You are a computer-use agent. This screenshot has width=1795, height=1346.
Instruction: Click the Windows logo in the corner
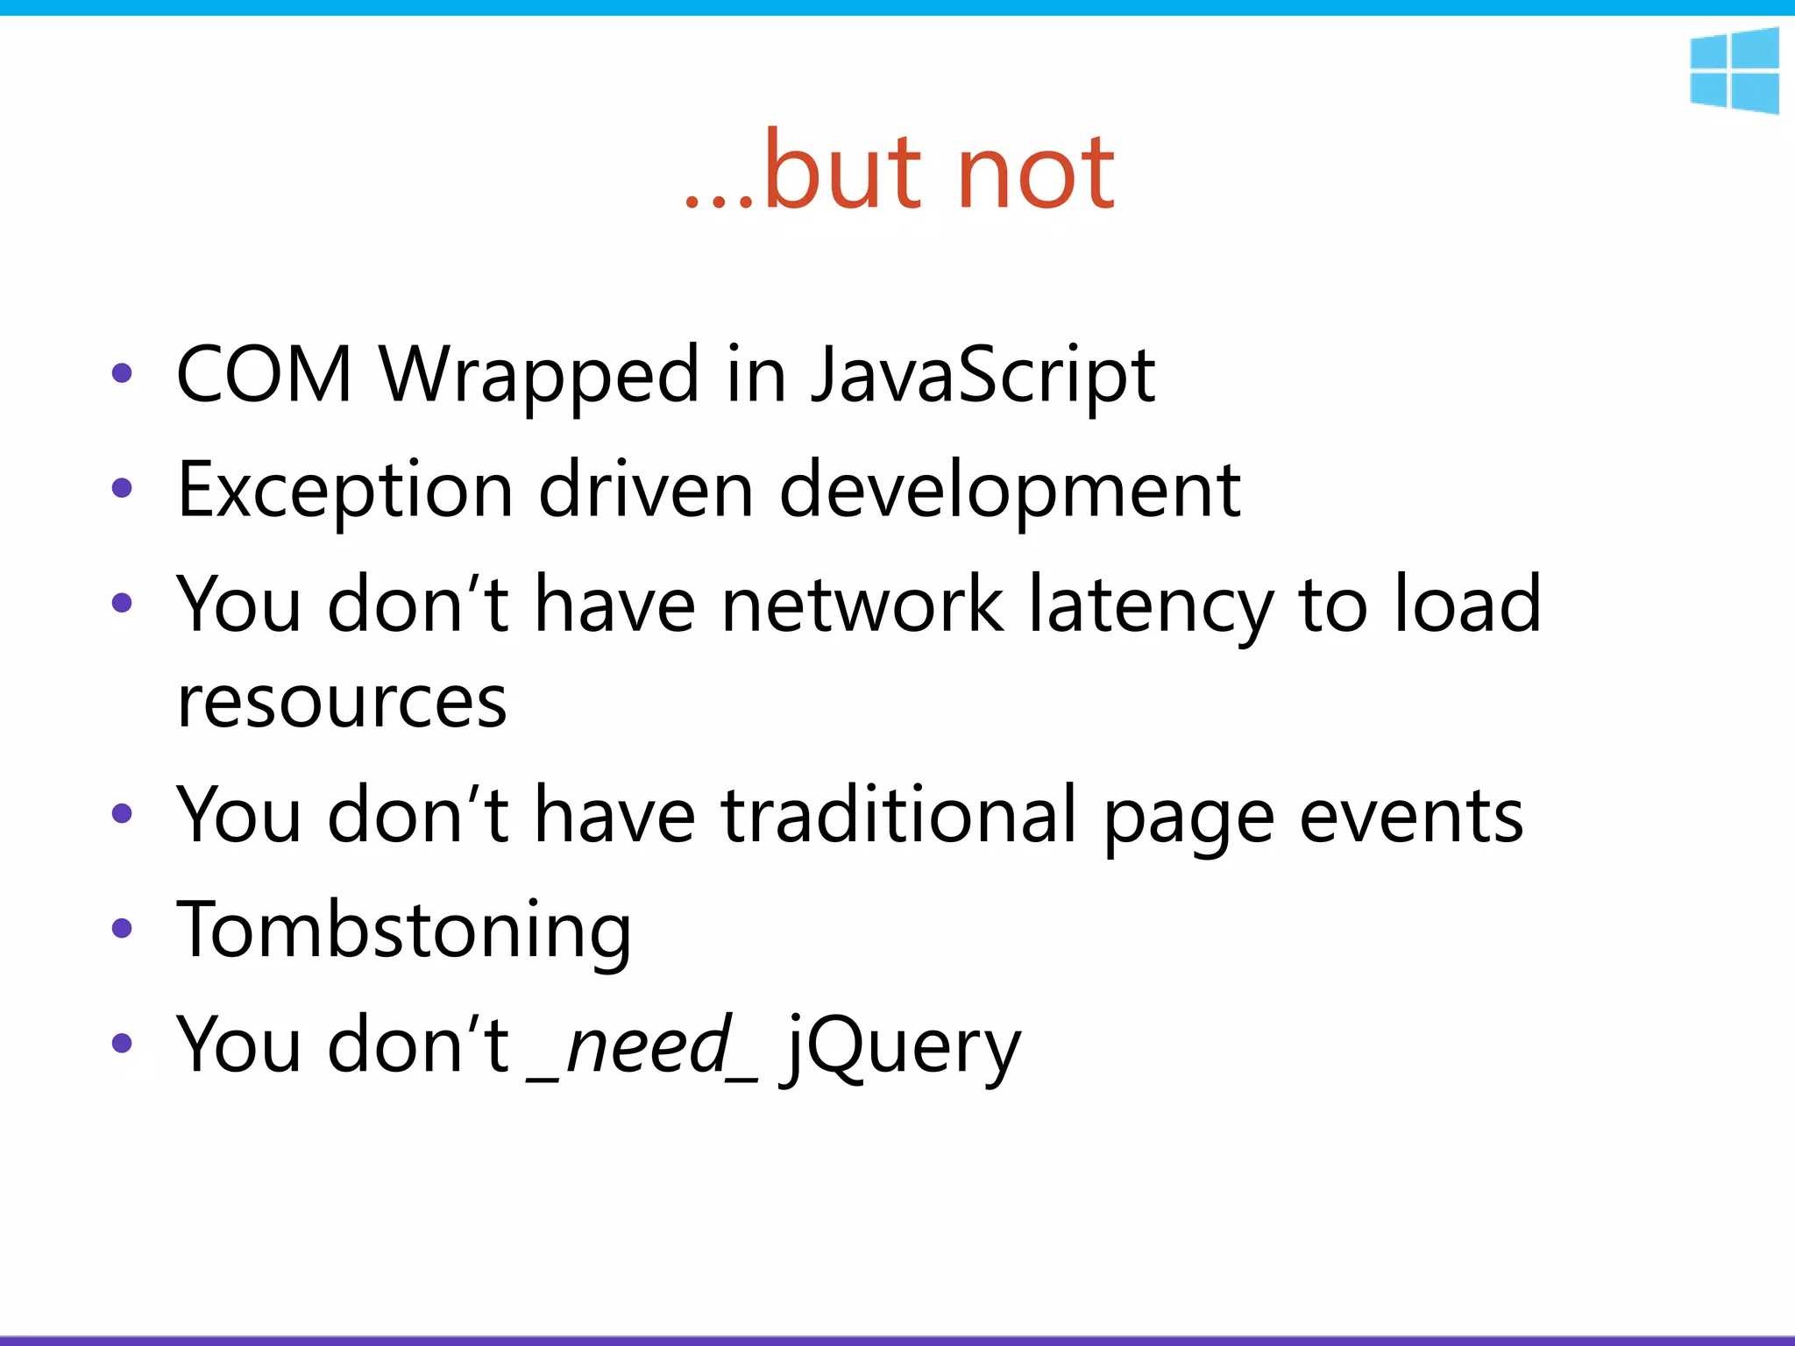[1735, 70]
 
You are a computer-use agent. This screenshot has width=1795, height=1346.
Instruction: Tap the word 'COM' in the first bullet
[264, 375]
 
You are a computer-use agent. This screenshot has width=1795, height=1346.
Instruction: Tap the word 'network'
[862, 605]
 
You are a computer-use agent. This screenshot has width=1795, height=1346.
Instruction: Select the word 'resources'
[342, 702]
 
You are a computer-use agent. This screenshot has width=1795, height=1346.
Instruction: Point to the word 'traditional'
[899, 816]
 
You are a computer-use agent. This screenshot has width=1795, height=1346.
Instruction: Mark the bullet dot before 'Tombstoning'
[122, 929]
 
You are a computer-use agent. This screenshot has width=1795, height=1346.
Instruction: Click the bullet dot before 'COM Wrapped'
[122, 373]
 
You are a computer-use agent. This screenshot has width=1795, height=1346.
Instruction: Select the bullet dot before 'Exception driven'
[122, 488]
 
